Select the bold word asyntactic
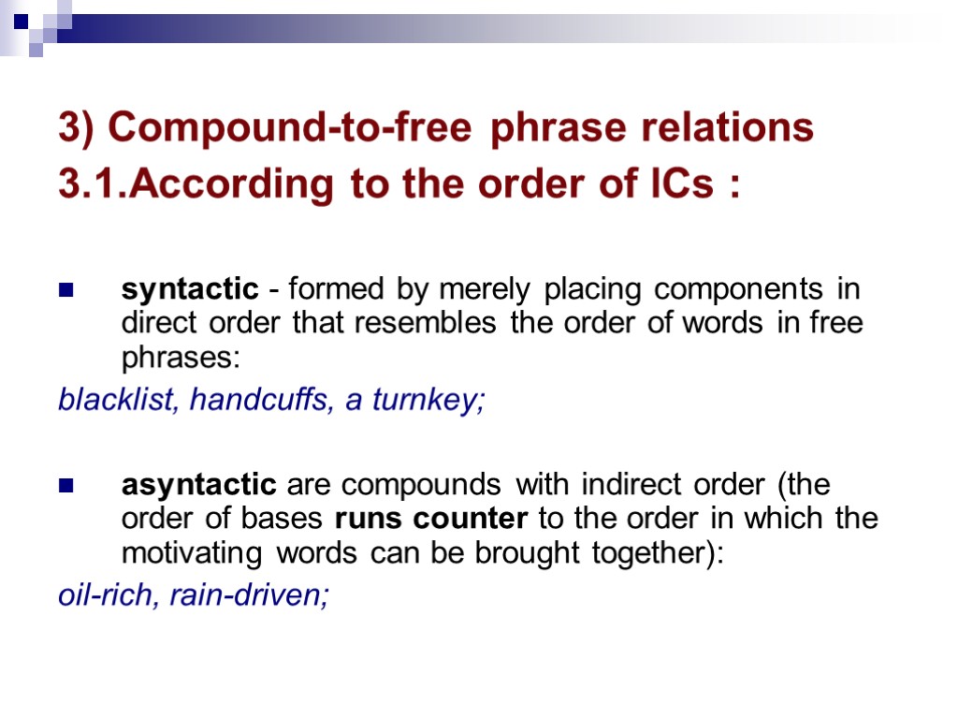[198, 486]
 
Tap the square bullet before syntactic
[66, 291]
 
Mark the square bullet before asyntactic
[66, 487]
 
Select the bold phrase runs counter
[430, 519]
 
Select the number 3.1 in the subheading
[91, 184]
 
